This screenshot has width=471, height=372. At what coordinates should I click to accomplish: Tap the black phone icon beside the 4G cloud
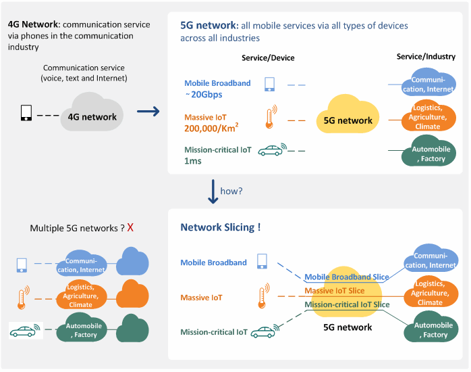tap(26, 113)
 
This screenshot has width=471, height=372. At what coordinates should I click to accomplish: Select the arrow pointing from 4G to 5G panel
tap(148, 112)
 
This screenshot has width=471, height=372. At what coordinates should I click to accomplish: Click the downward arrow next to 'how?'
tap(213, 191)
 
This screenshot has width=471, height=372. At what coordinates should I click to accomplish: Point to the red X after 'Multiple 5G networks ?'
tap(130, 228)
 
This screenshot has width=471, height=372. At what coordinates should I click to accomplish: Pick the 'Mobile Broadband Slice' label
tap(347, 277)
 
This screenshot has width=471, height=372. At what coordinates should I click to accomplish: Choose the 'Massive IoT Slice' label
tap(335, 291)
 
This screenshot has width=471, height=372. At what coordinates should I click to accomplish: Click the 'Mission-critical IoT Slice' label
tap(347, 305)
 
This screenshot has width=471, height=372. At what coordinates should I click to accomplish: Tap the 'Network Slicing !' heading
tap(220, 228)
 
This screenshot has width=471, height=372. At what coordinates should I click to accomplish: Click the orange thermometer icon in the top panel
tap(271, 117)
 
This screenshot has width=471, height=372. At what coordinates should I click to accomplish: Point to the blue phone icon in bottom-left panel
tap(22, 264)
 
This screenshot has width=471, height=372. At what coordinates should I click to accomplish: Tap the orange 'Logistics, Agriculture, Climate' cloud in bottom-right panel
tap(430, 293)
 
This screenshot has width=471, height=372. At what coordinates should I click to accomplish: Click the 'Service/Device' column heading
tap(268, 58)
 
